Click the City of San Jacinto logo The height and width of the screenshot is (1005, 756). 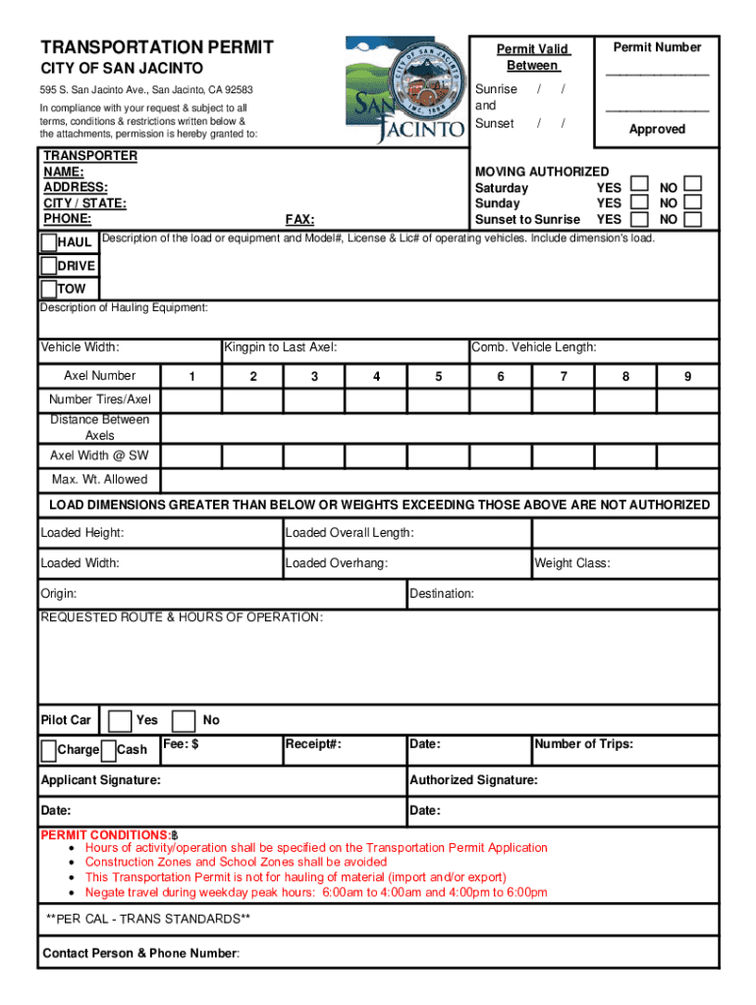pyautogui.click(x=405, y=90)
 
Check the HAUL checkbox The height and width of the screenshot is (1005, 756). pyautogui.click(x=48, y=242)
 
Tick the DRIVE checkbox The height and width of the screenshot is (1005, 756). pyautogui.click(x=48, y=266)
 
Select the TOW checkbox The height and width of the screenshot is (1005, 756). pyautogui.click(x=48, y=289)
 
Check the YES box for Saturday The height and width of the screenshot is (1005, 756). pyautogui.click(x=639, y=185)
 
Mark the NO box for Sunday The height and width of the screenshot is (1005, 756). pyautogui.click(x=693, y=202)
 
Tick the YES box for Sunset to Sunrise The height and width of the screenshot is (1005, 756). pyautogui.click(x=639, y=219)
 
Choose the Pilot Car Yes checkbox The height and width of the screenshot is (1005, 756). pyautogui.click(x=120, y=721)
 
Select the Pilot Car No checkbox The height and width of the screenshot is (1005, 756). pyautogui.click(x=184, y=721)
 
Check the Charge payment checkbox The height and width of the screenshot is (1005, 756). pyautogui.click(x=48, y=751)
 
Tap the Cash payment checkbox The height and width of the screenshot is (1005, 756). pyautogui.click(x=108, y=751)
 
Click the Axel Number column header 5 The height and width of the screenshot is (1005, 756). pyautogui.click(x=438, y=377)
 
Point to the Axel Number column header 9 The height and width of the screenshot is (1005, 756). pyautogui.click(x=687, y=377)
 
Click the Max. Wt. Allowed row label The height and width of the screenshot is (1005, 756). pyautogui.click(x=99, y=480)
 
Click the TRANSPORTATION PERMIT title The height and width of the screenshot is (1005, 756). pyautogui.click(x=156, y=47)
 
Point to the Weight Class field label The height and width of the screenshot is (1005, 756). pyautogui.click(x=572, y=563)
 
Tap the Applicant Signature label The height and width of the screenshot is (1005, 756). pyautogui.click(x=100, y=780)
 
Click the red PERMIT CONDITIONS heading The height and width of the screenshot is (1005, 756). pyautogui.click(x=108, y=834)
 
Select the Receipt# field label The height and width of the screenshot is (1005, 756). pyautogui.click(x=313, y=744)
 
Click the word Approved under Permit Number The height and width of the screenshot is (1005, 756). pyautogui.click(x=657, y=130)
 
